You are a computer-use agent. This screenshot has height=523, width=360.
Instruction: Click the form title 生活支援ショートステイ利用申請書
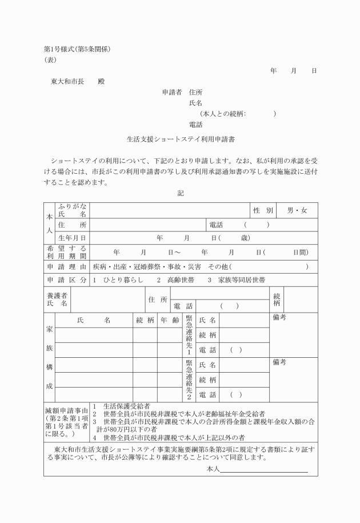tap(181, 138)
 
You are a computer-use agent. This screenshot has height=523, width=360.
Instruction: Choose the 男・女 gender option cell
tap(297, 210)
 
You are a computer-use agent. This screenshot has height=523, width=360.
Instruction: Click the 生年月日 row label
tap(71, 238)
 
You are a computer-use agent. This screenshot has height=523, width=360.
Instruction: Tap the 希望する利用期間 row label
tap(67, 252)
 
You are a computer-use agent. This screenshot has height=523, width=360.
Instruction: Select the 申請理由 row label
tap(67, 267)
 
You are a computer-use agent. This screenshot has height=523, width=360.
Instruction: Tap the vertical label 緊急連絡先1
tap(189, 334)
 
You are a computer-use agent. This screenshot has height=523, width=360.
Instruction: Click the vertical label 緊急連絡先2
tap(189, 380)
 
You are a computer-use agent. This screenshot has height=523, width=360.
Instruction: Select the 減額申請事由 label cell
tap(66, 422)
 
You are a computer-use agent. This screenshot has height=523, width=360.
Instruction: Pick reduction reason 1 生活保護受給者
tap(125, 406)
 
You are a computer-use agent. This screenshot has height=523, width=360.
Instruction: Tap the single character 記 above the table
tap(181, 194)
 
